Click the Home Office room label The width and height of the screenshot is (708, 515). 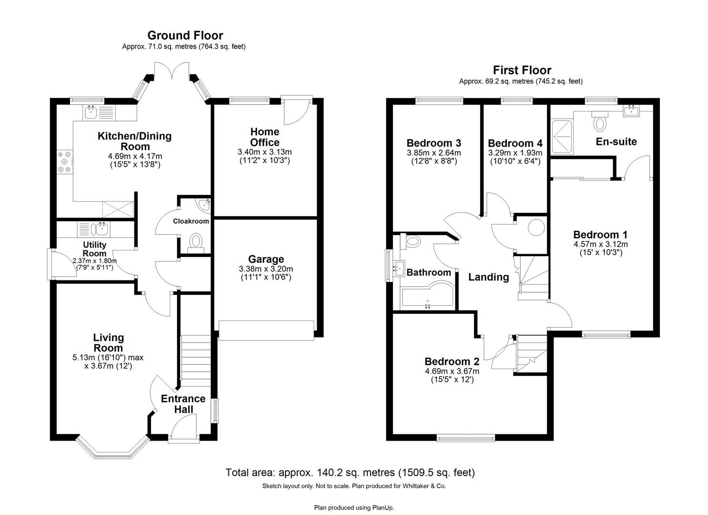(x=265, y=137)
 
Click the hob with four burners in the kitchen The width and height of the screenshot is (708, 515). (x=65, y=162)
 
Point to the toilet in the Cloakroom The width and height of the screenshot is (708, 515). (x=196, y=241)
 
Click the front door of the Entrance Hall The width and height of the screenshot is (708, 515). (x=183, y=426)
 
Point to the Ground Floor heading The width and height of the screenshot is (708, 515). (x=185, y=35)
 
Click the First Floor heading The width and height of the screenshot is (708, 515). (x=522, y=71)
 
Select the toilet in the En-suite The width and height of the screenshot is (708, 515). (x=599, y=122)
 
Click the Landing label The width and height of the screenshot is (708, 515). (x=488, y=277)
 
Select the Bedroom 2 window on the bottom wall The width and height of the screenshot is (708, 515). (x=466, y=436)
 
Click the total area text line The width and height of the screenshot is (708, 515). (x=350, y=473)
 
